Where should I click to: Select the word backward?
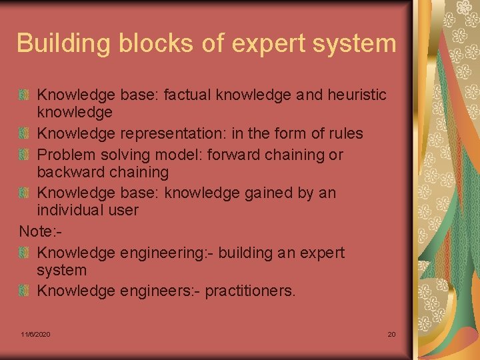tap(69, 172)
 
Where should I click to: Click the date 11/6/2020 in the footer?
tap(35, 334)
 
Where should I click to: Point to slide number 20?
tap(391, 334)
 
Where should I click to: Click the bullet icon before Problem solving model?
tap(24, 155)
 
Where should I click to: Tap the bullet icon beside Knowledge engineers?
tap(24, 291)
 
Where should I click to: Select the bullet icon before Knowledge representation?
tap(24, 133)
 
